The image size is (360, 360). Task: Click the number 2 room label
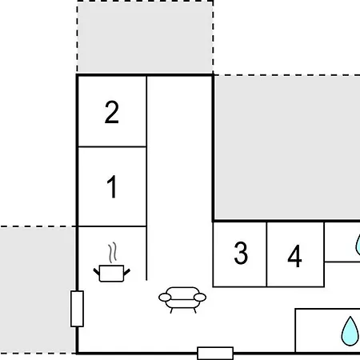click(x=111, y=112)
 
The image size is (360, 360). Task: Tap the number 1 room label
click(x=112, y=186)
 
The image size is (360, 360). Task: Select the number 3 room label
click(x=241, y=253)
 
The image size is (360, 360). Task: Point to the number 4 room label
click(x=294, y=256)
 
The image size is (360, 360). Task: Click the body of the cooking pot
click(x=111, y=274)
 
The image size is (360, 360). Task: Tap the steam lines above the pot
click(x=113, y=252)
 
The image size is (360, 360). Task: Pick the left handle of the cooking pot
click(x=96, y=272)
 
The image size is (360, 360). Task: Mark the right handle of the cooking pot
click(x=127, y=272)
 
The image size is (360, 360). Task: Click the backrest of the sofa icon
click(x=182, y=291)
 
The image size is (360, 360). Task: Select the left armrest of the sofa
click(x=165, y=297)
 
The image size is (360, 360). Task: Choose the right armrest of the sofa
click(x=200, y=297)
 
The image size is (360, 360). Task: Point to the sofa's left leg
click(x=171, y=310)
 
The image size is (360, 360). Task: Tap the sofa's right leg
click(x=195, y=310)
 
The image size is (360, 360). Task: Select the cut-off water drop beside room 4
click(x=358, y=246)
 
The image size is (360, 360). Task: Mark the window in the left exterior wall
click(x=77, y=309)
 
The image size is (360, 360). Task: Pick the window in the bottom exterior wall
click(x=215, y=354)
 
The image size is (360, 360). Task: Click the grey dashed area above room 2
click(x=145, y=38)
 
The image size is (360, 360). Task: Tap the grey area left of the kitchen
click(x=38, y=290)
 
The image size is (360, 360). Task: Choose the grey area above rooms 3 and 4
click(x=287, y=148)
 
